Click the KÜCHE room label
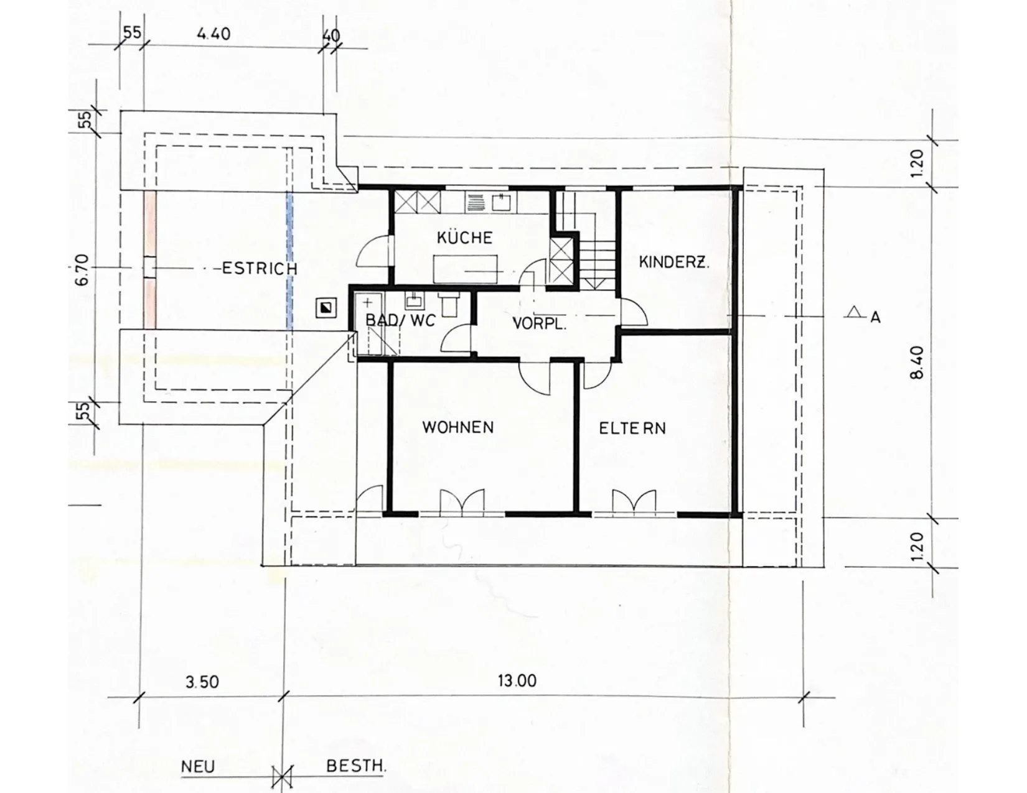tap(464, 237)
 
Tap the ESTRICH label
tap(260, 268)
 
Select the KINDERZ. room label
tap(674, 262)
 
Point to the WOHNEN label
tap(458, 427)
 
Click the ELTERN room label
tap(632, 429)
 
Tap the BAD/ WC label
tap(400, 320)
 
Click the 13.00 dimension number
tap(517, 680)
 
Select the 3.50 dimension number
tap(202, 682)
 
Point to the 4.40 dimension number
tap(213, 34)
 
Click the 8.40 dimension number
tap(917, 363)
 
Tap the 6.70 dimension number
tap(82, 270)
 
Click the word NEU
tap(198, 766)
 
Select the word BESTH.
tap(357, 766)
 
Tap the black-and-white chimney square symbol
tap(327, 308)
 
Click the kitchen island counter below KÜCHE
tap(465, 269)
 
